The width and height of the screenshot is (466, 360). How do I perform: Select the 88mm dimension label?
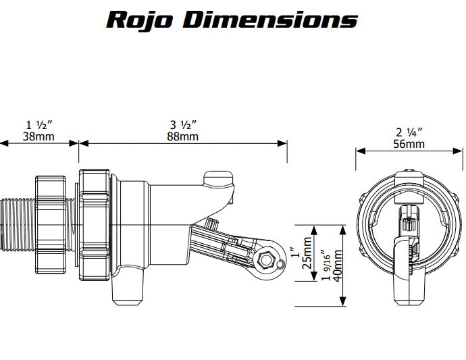[x=184, y=136]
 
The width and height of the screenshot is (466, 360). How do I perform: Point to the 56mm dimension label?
[x=410, y=144]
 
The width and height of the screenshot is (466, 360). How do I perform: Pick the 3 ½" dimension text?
[x=184, y=125]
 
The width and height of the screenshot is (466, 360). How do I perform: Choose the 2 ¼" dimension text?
[x=410, y=132]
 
